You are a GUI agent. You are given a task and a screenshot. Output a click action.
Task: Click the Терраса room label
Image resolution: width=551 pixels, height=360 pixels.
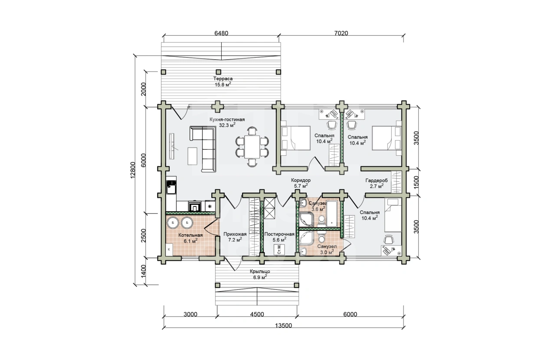[x=223, y=79]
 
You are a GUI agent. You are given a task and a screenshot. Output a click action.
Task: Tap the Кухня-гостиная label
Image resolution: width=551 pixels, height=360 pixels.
[x=227, y=120]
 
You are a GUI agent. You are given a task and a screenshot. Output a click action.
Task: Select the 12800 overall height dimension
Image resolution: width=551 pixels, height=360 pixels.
[x=133, y=170]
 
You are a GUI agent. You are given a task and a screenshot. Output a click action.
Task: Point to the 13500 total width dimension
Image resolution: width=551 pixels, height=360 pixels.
[x=283, y=326]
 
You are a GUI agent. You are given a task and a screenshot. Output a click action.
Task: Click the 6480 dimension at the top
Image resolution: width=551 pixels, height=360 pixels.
[x=221, y=33]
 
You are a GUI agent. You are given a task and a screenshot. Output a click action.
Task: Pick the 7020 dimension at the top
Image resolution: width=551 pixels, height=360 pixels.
[x=341, y=33]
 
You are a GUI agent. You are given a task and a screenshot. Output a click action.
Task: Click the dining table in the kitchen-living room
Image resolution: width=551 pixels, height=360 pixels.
[x=252, y=147]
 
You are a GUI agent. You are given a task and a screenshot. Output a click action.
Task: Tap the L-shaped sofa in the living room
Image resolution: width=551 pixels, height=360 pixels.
[x=203, y=148]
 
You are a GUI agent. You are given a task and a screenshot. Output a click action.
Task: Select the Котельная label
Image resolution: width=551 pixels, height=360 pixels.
[x=190, y=236]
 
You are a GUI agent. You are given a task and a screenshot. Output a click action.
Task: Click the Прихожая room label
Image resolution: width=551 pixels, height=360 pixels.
[x=235, y=234]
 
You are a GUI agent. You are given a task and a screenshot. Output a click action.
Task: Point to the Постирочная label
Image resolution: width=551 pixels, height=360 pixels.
[x=279, y=234]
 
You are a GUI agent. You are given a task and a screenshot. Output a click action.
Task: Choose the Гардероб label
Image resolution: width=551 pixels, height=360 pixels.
[x=376, y=180]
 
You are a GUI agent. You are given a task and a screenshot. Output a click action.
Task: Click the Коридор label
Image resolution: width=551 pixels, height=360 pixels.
[x=301, y=180]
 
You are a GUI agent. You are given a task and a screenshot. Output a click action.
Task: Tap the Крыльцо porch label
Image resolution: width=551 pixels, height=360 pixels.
[x=260, y=272]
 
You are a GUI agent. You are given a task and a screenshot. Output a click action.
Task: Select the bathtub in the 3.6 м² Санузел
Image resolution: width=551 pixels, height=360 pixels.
[x=332, y=213]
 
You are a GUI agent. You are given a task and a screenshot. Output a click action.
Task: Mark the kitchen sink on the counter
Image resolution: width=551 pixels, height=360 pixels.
[x=171, y=188]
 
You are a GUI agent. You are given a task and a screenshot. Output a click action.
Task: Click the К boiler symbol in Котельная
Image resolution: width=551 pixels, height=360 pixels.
[x=169, y=249]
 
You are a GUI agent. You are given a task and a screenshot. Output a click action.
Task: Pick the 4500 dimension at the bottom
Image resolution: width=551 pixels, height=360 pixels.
[x=257, y=314]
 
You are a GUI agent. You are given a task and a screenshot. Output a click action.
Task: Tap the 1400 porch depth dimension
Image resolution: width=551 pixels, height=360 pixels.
[x=144, y=271]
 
